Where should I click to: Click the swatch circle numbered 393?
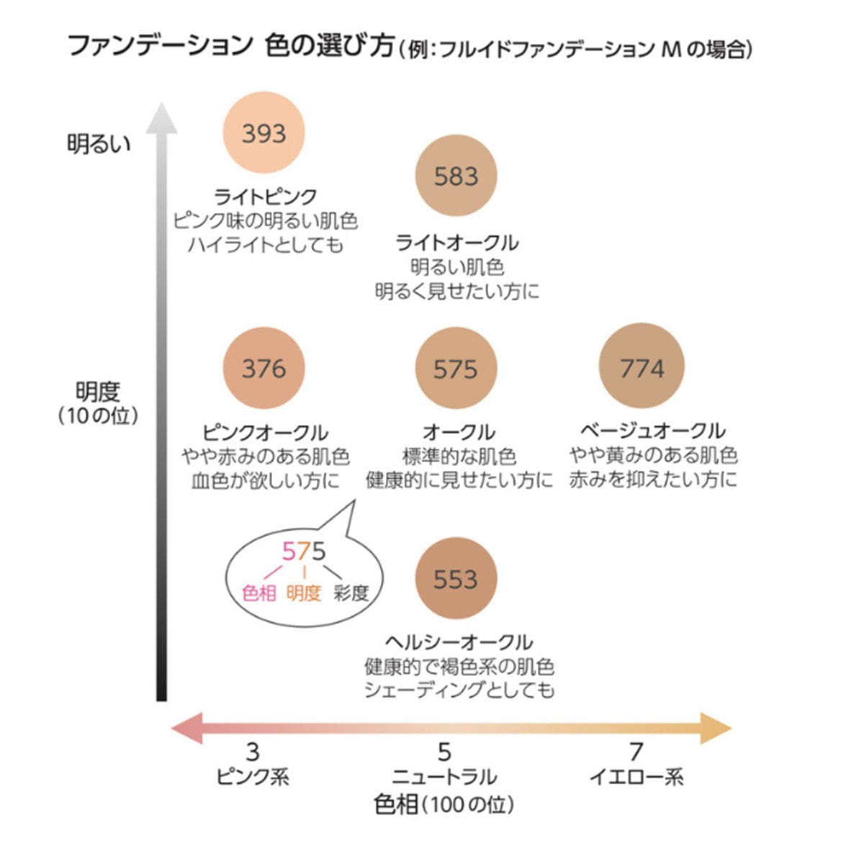pyautogui.click(x=264, y=133)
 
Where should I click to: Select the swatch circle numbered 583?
pyautogui.click(x=456, y=176)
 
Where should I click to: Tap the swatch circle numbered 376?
pyautogui.click(x=264, y=368)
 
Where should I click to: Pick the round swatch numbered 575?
pyautogui.click(x=456, y=369)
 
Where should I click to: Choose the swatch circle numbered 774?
pyautogui.click(x=642, y=368)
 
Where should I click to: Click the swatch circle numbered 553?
pyautogui.click(x=456, y=579)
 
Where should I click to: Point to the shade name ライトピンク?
pyautogui.click(x=266, y=197)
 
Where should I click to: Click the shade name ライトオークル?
pyautogui.click(x=457, y=243)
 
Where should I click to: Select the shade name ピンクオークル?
pyautogui.click(x=265, y=432)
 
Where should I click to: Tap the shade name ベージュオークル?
pyautogui.click(x=652, y=431)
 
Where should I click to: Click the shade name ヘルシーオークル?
pyautogui.click(x=459, y=642)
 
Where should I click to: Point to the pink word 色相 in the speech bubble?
pyautogui.click(x=259, y=593)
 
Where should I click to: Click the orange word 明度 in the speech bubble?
pyautogui.click(x=304, y=593)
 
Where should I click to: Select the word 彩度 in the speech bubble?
pyautogui.click(x=351, y=593)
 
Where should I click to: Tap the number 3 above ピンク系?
pyautogui.click(x=253, y=752)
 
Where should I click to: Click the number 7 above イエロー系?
pyautogui.click(x=635, y=752)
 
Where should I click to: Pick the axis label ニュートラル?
pyautogui.click(x=444, y=778)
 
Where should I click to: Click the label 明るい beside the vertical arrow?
pyautogui.click(x=99, y=144)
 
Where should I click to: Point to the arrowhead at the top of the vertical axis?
pyautogui.click(x=161, y=119)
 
